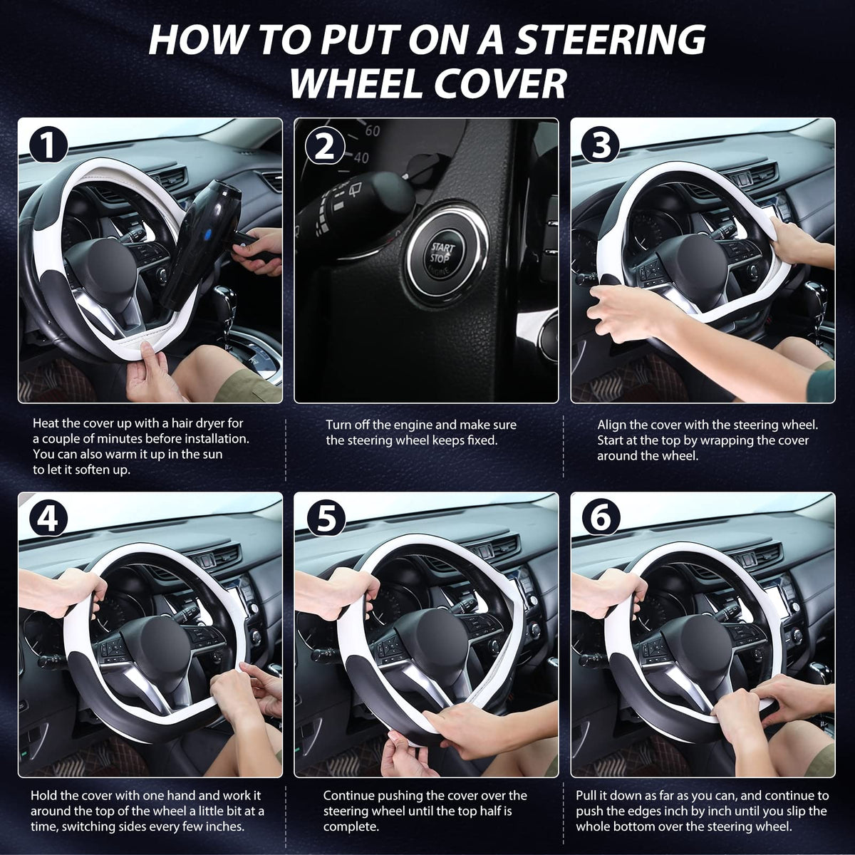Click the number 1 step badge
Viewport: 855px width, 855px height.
pos(48,145)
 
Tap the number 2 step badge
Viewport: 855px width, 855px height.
pos(325,147)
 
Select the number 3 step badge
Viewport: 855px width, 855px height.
pos(601,146)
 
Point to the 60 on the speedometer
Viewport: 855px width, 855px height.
pos(372,130)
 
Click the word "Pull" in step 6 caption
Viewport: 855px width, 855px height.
pos(586,795)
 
